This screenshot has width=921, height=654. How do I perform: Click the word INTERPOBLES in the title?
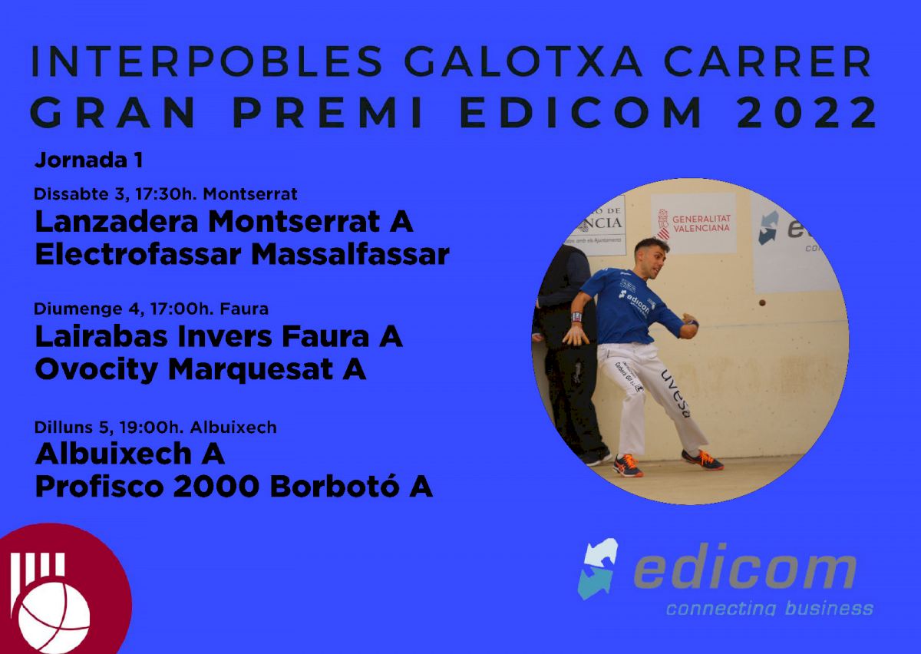point(207,61)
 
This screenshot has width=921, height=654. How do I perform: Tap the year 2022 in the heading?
point(807,112)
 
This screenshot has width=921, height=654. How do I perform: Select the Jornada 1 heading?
point(89,160)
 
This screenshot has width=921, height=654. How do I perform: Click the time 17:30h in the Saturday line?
point(164,194)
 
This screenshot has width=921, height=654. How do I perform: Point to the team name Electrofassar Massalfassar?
point(243,255)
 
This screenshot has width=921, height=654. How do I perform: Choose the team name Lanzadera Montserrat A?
point(224,222)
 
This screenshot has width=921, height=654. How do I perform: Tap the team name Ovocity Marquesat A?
point(200,369)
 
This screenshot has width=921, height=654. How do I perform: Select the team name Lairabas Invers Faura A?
point(219,336)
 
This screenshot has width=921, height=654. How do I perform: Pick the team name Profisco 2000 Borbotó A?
point(234,487)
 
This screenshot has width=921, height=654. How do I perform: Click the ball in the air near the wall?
point(762,303)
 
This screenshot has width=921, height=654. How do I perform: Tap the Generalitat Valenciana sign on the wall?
point(693,223)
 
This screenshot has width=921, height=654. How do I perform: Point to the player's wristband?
point(577,317)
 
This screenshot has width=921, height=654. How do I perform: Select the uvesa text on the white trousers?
point(675,394)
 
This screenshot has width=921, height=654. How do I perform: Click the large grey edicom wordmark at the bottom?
point(745,571)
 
